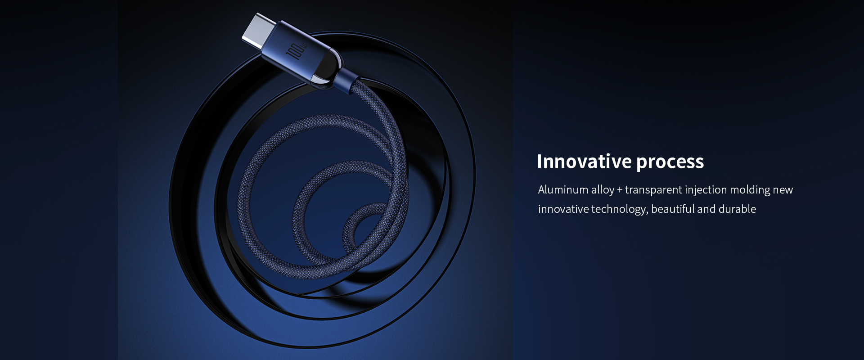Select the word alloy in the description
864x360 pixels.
click(603, 190)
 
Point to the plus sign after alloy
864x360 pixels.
click(620, 190)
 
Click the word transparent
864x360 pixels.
click(653, 190)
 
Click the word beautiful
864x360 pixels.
click(673, 209)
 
